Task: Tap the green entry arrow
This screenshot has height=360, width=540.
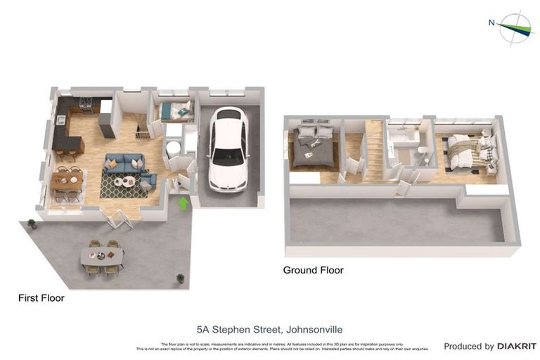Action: coord(184,204)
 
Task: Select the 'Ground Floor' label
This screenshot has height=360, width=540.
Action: coord(313,270)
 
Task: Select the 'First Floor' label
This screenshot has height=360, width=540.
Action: coord(41,298)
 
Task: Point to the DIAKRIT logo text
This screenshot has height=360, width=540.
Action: coord(517,346)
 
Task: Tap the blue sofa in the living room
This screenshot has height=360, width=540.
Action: coord(124,164)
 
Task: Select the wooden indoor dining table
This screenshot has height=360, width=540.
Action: coord(67,179)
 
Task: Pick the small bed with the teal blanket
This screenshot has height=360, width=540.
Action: coord(174,110)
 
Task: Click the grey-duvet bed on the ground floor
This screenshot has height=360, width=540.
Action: coord(311,146)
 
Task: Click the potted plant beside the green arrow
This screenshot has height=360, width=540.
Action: coord(181,278)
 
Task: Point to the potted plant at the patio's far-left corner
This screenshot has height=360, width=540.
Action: coord(31,224)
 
